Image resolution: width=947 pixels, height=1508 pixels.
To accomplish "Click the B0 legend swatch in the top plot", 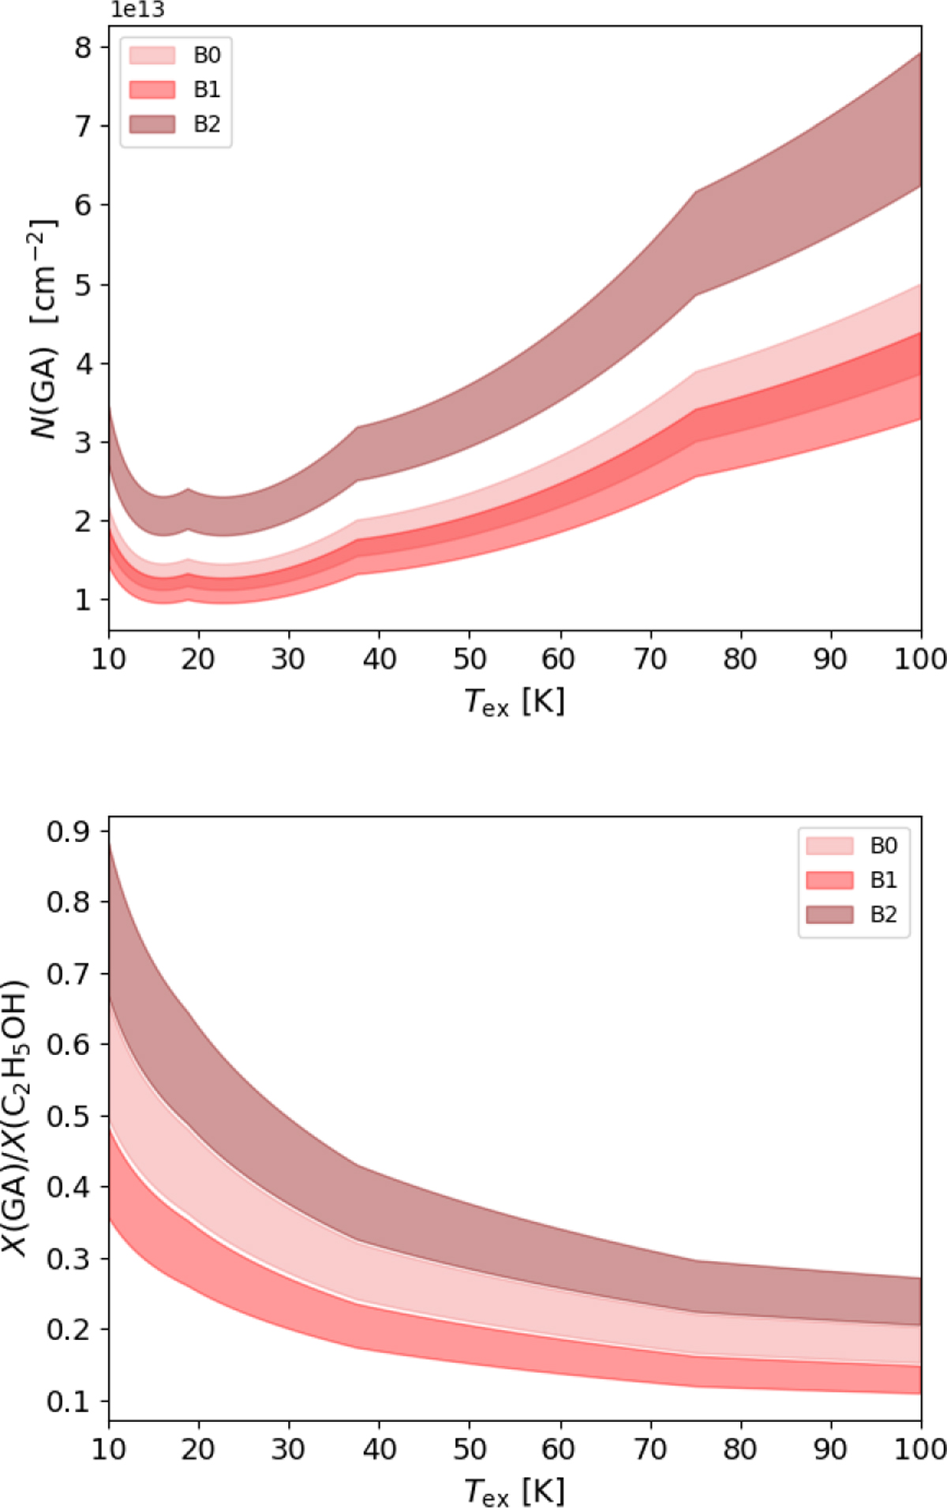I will (x=152, y=55).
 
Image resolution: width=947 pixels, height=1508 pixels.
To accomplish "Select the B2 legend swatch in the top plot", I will (x=152, y=124).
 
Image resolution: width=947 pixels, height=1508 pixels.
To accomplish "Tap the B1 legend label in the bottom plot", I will (x=883, y=880).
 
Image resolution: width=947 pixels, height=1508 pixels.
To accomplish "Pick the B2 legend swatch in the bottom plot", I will (x=829, y=915).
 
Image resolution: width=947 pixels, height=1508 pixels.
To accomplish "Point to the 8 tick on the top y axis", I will (x=83, y=47).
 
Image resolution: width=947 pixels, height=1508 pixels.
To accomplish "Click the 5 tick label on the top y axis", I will (x=83, y=284).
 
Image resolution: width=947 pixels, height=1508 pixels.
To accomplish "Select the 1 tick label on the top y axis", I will (x=83, y=600).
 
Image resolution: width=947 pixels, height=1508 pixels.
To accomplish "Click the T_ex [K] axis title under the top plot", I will (x=515, y=701).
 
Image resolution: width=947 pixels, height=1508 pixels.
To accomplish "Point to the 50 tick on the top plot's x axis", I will (x=470, y=658).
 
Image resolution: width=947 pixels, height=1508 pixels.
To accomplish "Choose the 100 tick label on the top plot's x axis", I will (x=919, y=658).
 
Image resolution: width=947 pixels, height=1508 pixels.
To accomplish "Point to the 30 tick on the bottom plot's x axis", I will (x=288, y=1449).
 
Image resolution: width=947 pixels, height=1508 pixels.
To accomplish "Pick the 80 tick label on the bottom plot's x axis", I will (x=739, y=1449).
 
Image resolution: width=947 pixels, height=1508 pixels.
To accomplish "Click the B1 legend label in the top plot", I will (x=207, y=90).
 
